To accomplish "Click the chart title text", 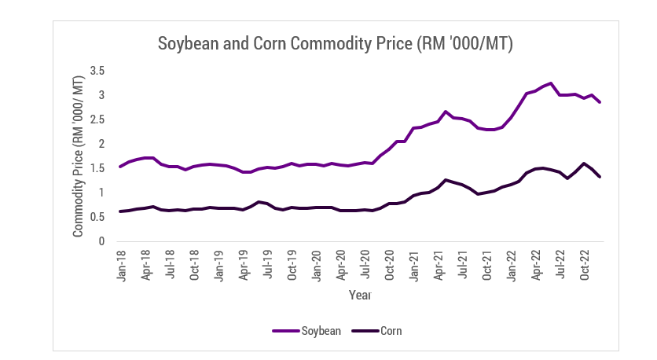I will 336,43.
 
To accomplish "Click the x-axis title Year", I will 359,296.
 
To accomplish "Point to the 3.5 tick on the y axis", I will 97,71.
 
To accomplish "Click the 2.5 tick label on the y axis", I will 97,119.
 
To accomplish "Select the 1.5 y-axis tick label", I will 97,168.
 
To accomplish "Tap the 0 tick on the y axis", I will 101,241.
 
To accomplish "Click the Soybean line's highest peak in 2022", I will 551,83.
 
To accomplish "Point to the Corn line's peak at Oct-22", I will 584,163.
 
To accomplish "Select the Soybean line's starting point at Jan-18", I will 119,167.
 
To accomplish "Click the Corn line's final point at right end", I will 600,177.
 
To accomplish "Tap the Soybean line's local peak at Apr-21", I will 446,112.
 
